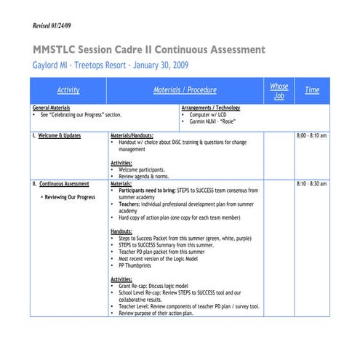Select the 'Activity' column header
click(x=68, y=90)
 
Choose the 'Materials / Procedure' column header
click(x=185, y=90)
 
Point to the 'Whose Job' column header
click(x=279, y=90)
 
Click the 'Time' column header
click(x=312, y=90)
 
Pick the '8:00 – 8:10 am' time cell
click(x=312, y=135)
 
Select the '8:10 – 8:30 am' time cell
click(x=312, y=184)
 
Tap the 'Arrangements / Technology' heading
click(x=211, y=108)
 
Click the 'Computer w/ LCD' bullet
click(x=210, y=114)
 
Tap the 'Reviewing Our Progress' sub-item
click(x=68, y=197)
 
